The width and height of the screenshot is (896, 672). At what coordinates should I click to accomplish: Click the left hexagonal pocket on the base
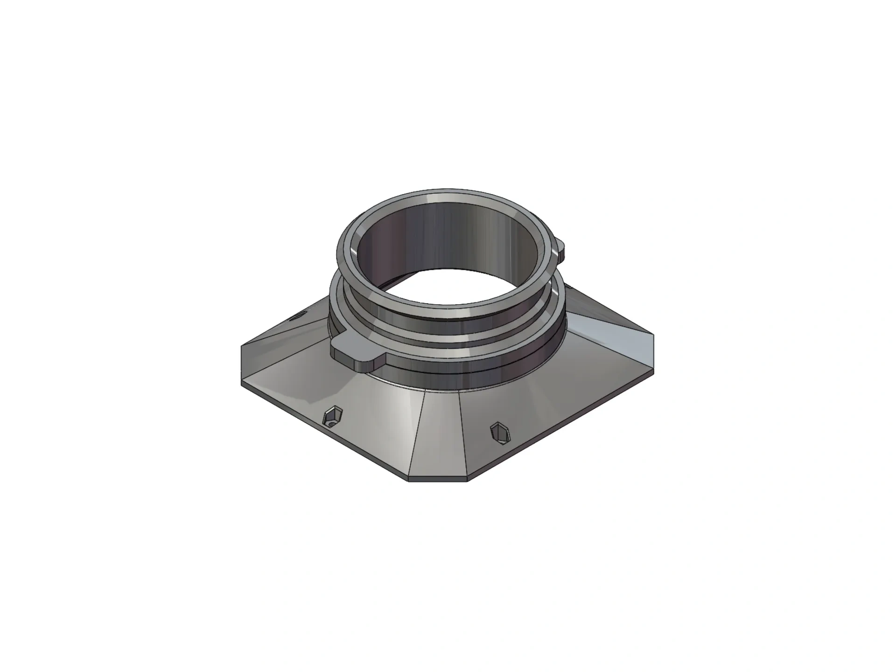(334, 417)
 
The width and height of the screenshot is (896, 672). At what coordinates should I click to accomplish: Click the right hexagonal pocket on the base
(500, 432)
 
